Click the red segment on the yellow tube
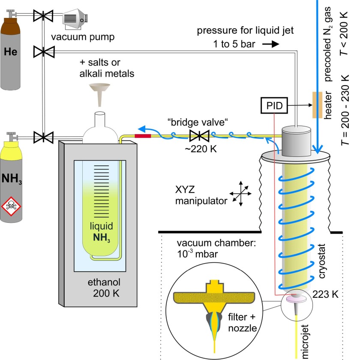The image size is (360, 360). [142, 136]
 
